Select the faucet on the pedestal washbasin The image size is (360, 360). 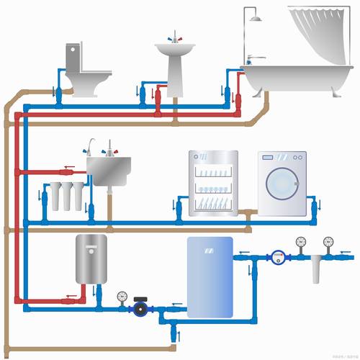[174, 37]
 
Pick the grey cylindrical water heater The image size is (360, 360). [91, 258]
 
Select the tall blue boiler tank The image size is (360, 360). [210, 276]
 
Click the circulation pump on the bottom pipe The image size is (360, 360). [139, 308]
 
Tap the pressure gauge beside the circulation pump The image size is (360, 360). [122, 296]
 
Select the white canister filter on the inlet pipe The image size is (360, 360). [313, 272]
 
